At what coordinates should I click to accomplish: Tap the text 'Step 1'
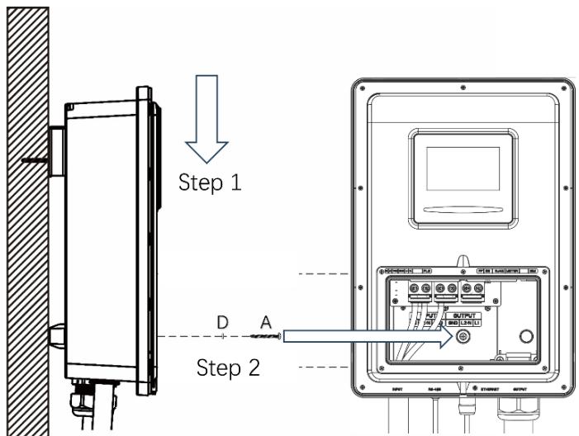[211, 182]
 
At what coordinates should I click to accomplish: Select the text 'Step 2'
[228, 367]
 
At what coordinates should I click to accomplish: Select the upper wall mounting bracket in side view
[56, 151]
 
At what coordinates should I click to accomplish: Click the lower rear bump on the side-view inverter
[55, 335]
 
